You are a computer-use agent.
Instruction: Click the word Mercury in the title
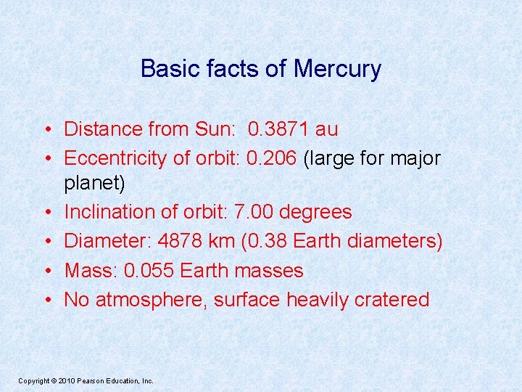coord(337,70)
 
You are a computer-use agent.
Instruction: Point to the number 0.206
coord(271,158)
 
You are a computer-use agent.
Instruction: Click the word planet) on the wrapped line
coord(95,184)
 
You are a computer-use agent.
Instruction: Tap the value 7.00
coord(251,212)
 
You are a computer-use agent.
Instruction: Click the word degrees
coord(315,212)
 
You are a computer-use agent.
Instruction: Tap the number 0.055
coord(149,270)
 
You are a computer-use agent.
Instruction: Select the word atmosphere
coord(152,299)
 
